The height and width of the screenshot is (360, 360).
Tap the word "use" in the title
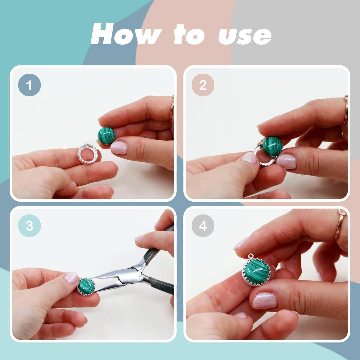(245, 36)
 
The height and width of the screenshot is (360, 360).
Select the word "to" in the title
(189, 34)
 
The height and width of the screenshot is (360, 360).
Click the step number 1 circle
(29, 85)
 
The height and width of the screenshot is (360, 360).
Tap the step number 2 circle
(203, 85)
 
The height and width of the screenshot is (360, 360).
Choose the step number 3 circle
(29, 226)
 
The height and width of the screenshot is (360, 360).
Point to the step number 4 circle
(203, 226)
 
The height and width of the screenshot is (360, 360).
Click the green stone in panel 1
(106, 136)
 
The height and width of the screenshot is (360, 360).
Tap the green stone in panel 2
(272, 146)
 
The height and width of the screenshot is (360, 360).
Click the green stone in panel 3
(86, 287)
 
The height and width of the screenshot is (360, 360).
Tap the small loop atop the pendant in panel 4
(251, 256)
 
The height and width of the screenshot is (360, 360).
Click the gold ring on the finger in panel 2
(346, 110)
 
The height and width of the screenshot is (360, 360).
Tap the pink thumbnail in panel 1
(118, 148)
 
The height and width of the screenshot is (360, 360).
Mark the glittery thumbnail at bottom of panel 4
(265, 301)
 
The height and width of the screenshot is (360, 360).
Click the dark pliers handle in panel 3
(162, 285)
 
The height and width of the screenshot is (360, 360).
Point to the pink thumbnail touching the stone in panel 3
(71, 277)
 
